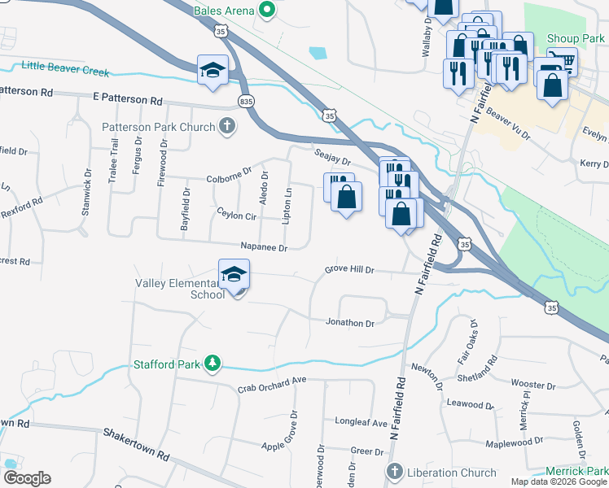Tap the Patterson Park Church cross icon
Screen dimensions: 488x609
227,126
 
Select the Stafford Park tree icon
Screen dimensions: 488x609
212,364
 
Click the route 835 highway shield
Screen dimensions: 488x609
247,100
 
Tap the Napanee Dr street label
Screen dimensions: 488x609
264,247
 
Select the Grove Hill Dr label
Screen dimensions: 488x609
349,269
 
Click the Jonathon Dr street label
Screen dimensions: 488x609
349,323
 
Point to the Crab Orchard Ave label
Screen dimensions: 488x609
271,384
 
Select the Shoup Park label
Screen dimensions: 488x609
576,39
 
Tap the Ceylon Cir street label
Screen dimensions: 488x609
236,216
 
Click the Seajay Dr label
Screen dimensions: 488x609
331,157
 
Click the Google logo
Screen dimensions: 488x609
27,477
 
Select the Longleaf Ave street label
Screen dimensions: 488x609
361,423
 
